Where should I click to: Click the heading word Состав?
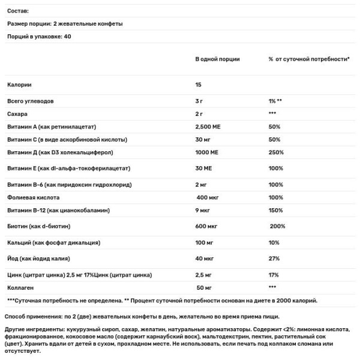point(18,11)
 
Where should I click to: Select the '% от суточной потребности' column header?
point(309,60)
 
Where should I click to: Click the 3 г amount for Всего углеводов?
point(200,101)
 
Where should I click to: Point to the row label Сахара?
point(17,113)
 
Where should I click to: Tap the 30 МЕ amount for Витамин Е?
point(205,169)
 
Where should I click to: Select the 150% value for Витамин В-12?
point(276,211)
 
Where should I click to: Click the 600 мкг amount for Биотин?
point(208,226)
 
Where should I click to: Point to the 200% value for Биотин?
point(278,226)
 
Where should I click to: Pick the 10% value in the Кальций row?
point(274,243)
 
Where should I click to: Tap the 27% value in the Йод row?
point(274,259)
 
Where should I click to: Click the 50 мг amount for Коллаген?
point(204,288)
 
